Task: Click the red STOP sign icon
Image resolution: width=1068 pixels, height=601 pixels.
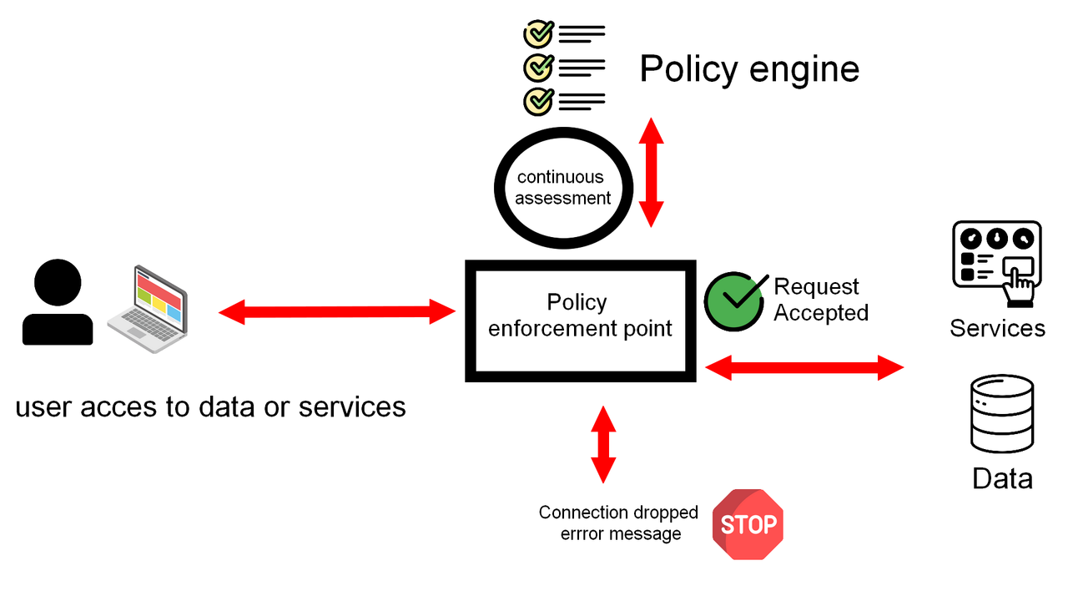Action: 748,524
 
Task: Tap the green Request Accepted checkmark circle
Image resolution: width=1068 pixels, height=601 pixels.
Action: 734,300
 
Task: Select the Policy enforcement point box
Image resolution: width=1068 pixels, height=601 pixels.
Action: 580,321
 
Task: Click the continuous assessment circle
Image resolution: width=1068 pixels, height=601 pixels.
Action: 562,188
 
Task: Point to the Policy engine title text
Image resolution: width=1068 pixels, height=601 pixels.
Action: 748,68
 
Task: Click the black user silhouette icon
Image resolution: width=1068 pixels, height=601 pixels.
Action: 58,302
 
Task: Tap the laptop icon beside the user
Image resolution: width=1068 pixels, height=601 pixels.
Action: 148,309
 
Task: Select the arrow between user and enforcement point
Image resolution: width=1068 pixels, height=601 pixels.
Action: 337,313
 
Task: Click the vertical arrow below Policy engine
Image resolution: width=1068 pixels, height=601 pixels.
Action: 651,172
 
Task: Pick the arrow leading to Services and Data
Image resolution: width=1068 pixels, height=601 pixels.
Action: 804,366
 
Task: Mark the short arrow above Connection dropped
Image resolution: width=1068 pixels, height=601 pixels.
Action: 602,444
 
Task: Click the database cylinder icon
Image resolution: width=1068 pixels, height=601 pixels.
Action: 1002,414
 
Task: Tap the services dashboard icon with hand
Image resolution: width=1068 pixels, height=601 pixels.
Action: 997,263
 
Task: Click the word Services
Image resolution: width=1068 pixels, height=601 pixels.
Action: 997,328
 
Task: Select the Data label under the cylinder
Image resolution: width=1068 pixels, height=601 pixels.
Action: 1002,478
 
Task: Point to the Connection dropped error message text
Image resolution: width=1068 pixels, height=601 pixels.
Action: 618,523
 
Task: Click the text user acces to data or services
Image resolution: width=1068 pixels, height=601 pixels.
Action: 210,407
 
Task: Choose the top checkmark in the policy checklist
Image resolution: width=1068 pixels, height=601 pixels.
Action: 537,34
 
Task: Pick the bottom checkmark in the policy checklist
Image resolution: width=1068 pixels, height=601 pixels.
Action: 537,101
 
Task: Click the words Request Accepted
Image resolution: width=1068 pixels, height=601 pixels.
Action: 820,300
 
